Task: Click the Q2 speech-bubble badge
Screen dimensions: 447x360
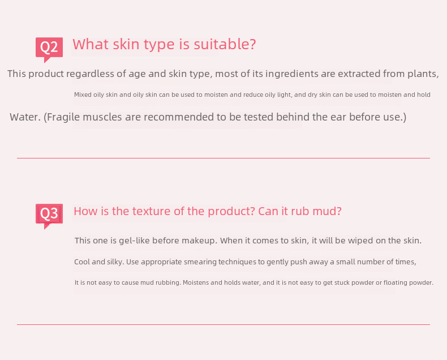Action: tap(49, 49)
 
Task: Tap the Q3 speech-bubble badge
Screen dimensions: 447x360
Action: tap(49, 216)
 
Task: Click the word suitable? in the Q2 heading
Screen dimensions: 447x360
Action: tap(225, 45)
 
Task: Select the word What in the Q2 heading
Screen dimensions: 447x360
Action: tap(91, 45)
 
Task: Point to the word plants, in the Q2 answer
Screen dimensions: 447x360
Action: tap(423, 74)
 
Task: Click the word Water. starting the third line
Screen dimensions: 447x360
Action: tap(25, 117)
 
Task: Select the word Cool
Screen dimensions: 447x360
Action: tap(82, 262)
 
